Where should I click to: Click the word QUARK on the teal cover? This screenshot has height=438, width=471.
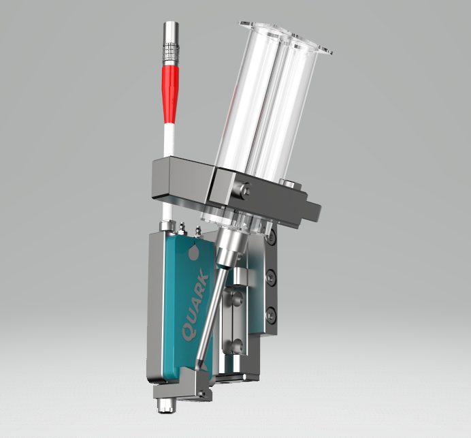point(195,304)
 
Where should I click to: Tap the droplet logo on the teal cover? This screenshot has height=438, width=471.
point(194,251)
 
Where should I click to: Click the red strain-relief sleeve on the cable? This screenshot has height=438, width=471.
point(170,95)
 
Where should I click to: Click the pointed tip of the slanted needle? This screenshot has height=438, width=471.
point(197,369)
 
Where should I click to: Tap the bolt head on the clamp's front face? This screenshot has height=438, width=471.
point(243,189)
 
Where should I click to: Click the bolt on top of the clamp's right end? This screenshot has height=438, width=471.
point(287,182)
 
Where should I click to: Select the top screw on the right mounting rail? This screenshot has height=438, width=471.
point(271,236)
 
